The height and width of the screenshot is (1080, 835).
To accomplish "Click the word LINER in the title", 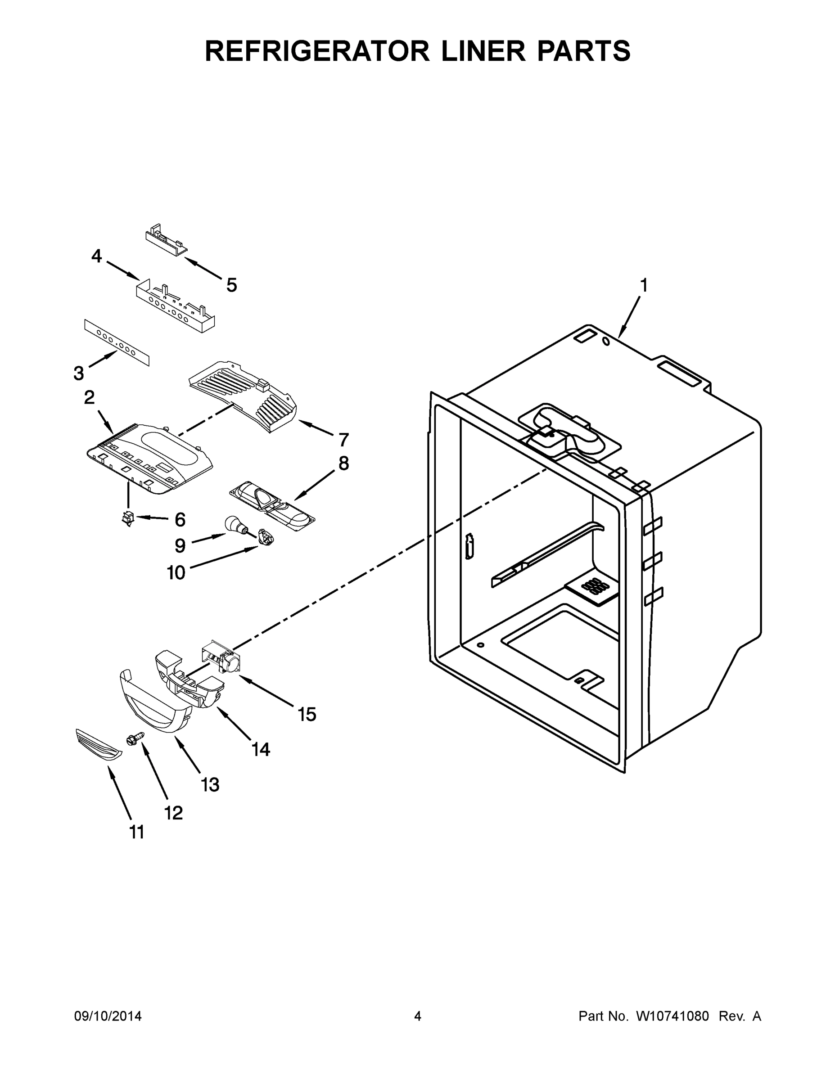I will click(x=483, y=51).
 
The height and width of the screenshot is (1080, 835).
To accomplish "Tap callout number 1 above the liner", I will click(x=644, y=285).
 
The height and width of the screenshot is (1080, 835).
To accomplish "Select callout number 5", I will click(x=231, y=285).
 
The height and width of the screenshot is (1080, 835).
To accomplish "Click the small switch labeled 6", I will click(x=128, y=518).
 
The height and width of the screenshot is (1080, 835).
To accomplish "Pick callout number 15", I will click(x=307, y=714).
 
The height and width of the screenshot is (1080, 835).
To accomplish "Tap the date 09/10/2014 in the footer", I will click(x=108, y=1016).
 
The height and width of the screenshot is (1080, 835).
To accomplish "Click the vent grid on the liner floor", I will click(x=591, y=586).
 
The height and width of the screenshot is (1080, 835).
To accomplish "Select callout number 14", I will click(x=261, y=750).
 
